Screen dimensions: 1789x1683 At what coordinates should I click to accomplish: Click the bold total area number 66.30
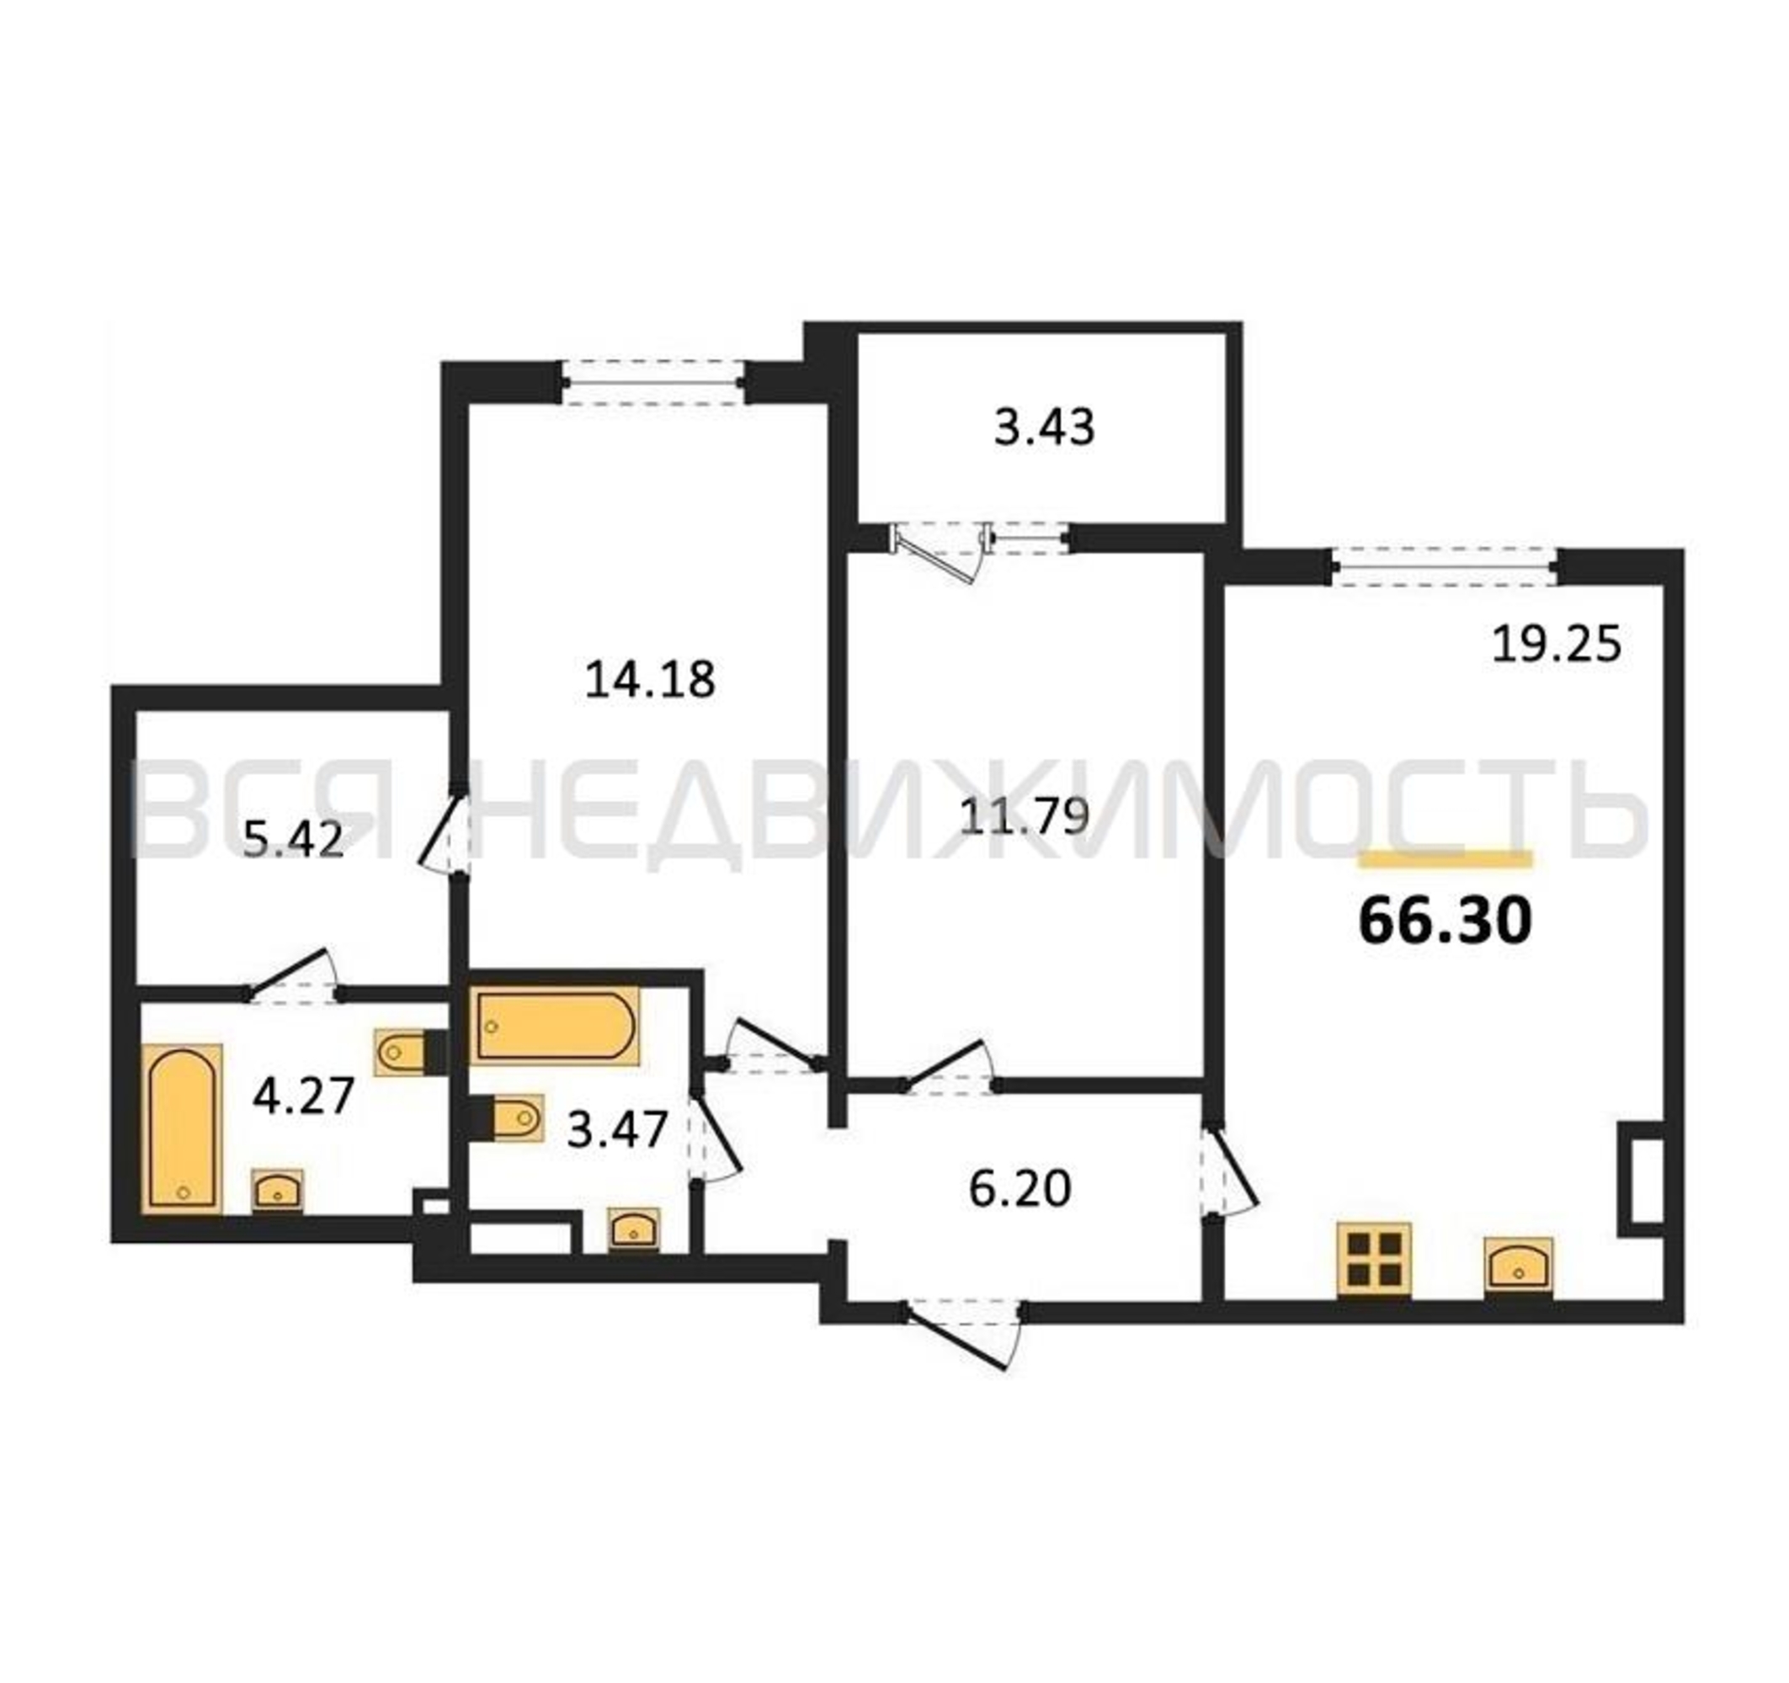pyautogui.click(x=1445, y=922)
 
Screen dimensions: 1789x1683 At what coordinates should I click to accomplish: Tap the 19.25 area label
pyautogui.click(x=1556, y=644)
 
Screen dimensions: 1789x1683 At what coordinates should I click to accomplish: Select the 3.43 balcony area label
pyautogui.click(x=1044, y=427)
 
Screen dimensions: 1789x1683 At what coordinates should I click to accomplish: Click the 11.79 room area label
pyautogui.click(x=1024, y=818)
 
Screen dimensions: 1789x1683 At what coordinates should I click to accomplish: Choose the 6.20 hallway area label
pyautogui.click(x=1020, y=1189)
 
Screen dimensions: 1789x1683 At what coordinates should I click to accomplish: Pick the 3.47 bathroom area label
pyautogui.click(x=617, y=1130)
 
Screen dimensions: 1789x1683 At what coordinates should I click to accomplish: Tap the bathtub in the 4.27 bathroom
pyautogui.click(x=183, y=1128)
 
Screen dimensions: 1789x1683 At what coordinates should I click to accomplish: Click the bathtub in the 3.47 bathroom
pyautogui.click(x=556, y=1027)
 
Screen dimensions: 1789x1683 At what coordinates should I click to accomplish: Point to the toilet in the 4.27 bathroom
pyautogui.click(x=408, y=1052)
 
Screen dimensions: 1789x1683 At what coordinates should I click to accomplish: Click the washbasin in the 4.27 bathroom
pyautogui.click(x=277, y=1190)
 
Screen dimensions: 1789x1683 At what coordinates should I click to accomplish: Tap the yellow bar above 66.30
pyautogui.click(x=1446, y=860)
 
